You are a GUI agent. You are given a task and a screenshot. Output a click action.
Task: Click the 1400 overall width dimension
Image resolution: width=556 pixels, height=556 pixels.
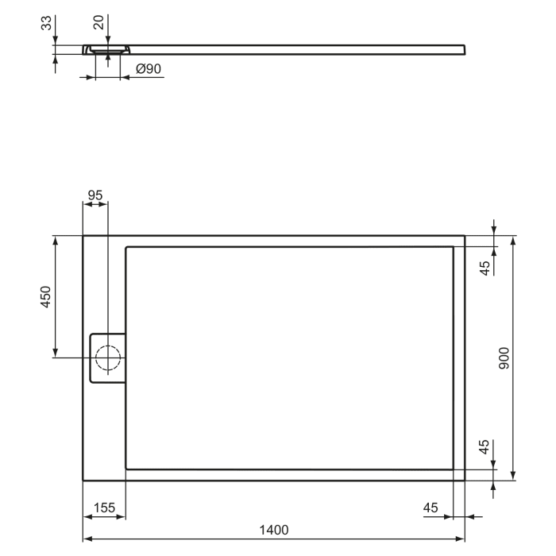click(273, 530)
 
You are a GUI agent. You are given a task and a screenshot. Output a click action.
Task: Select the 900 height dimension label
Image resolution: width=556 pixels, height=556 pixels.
click(504, 358)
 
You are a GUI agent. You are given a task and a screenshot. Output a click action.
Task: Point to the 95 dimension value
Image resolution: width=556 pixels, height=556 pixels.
click(95, 195)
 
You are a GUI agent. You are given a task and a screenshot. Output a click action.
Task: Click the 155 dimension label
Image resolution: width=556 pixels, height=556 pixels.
click(104, 507)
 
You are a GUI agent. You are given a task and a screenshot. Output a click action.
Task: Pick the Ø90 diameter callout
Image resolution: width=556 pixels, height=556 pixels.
click(149, 69)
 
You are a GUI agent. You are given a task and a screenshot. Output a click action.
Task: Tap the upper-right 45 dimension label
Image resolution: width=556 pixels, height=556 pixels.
click(485, 268)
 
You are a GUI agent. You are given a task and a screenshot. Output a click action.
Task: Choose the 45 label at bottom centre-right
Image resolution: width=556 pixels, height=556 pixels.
click(431, 507)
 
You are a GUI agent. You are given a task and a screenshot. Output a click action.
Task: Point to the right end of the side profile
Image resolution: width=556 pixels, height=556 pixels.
click(463, 49)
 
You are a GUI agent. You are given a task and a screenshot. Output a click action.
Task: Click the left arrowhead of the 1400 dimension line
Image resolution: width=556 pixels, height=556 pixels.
click(87, 539)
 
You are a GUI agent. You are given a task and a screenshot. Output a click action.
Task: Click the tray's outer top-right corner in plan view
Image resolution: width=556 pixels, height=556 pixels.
click(464, 236)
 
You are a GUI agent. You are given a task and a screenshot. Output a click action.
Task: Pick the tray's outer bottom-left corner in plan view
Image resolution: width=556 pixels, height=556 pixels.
click(83, 480)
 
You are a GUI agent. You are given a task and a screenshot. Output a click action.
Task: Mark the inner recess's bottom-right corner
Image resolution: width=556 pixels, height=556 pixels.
click(454, 468)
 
